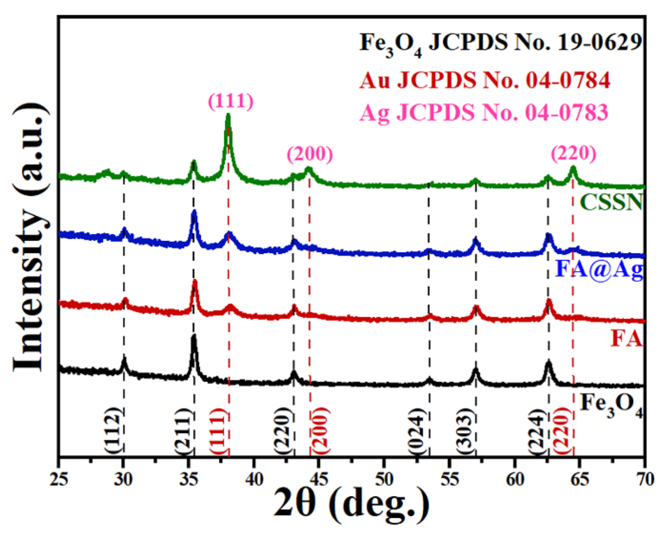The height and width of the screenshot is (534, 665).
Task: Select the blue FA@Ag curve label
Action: pos(599,270)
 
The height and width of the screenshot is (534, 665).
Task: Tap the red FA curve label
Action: pos(626,339)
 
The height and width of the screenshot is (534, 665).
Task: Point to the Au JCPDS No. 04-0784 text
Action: pos(485,80)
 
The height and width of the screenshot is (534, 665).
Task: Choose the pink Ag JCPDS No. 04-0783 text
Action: pos(484,112)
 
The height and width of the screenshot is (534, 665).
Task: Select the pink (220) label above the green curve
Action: pos(573,153)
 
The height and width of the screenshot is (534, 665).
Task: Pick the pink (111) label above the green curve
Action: pos(231,101)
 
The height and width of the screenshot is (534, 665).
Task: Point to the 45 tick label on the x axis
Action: pos(319,479)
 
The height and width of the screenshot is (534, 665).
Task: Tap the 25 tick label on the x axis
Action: pos(59,479)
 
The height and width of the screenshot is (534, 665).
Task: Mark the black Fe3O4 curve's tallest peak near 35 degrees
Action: pos(194,337)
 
